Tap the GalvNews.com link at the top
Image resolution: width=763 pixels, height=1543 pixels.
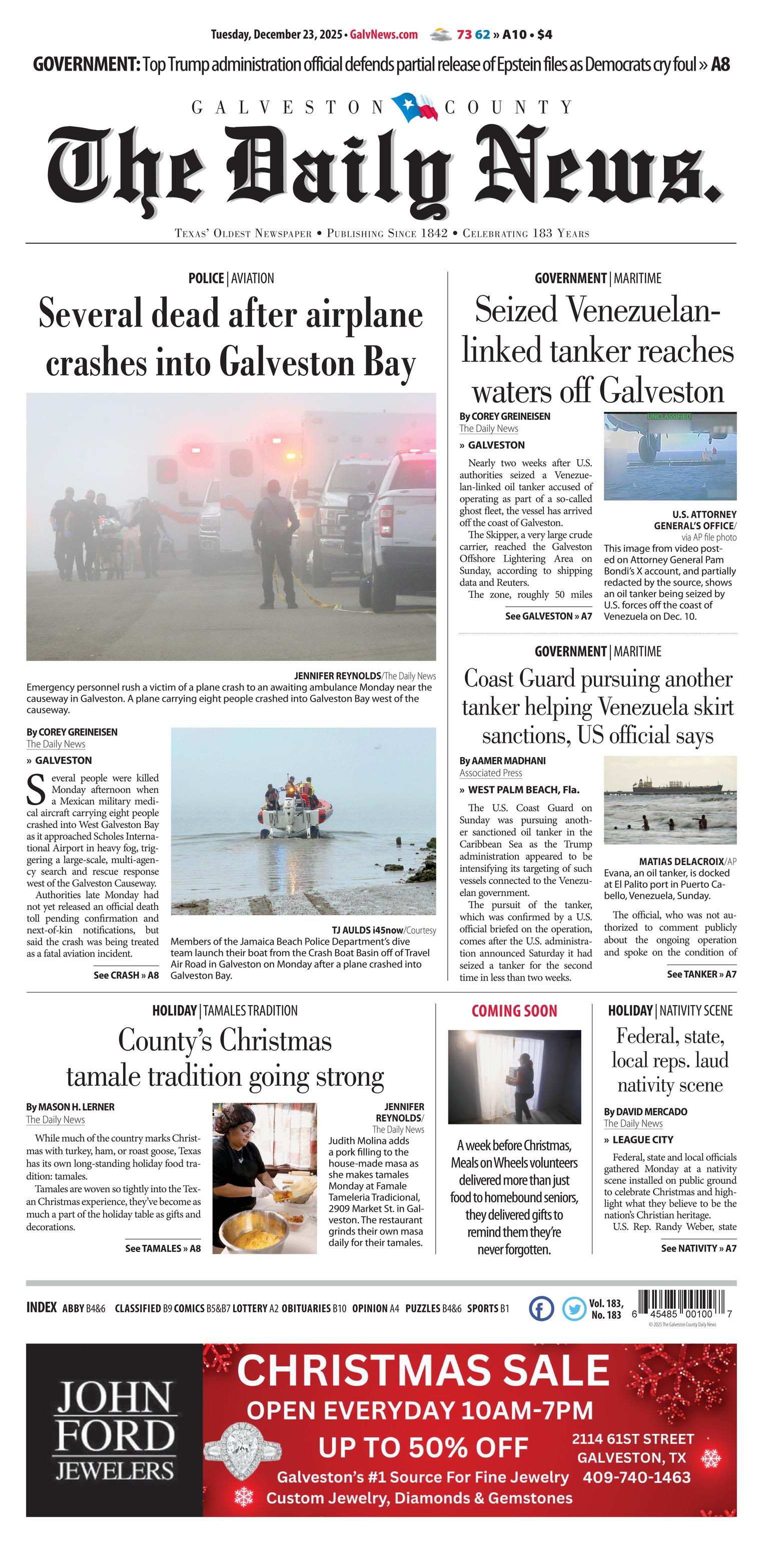tap(383, 35)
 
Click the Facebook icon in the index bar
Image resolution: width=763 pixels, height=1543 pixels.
tap(541, 1308)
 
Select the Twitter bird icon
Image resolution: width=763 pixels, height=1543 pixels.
tap(574, 1308)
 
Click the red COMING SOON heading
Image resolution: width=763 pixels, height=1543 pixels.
tap(514, 1011)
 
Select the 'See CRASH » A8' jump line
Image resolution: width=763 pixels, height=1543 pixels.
tap(126, 975)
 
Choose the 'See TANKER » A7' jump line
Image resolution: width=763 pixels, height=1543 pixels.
tap(701, 974)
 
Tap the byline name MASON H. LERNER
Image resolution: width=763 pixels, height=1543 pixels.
tap(76, 1107)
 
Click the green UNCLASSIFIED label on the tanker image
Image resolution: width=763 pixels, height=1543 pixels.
tap(668, 416)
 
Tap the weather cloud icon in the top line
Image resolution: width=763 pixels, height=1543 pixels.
tap(441, 35)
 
